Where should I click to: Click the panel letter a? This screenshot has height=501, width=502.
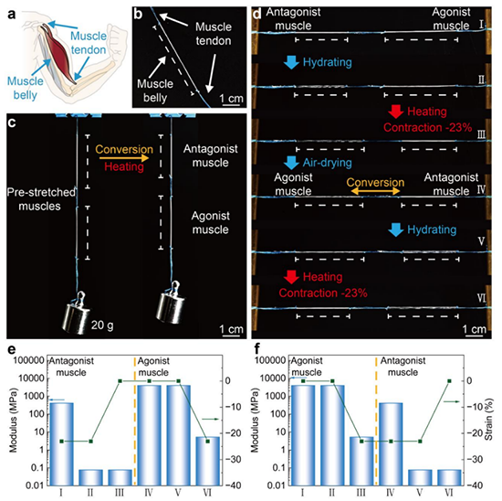(12, 15)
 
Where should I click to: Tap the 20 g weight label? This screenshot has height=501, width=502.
(102, 325)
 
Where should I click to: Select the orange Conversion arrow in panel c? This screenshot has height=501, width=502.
(124, 158)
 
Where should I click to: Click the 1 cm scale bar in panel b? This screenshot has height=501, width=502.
(231, 104)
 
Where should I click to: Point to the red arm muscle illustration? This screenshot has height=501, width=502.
(60, 54)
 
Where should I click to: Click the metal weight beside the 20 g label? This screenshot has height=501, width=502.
(76, 314)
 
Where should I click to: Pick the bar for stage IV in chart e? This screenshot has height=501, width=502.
(149, 435)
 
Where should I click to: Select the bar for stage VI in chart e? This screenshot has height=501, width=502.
(208, 461)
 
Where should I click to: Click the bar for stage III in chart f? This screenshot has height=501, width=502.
(361, 461)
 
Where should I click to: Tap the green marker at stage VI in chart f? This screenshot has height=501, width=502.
(449, 381)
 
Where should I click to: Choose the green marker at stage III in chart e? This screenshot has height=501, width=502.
(120, 381)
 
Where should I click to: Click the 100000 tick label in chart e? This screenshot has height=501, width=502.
(29, 360)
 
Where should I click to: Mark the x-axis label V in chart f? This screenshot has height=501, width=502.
(420, 493)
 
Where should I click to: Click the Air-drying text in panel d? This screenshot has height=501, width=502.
(327, 163)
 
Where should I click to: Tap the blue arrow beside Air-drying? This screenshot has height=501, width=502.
(291, 163)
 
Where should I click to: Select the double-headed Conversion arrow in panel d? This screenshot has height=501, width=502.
(375, 191)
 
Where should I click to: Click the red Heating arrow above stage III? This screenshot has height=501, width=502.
(396, 112)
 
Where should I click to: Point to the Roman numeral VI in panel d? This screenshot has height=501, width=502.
(482, 298)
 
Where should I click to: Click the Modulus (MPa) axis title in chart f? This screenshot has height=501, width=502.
(255, 421)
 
